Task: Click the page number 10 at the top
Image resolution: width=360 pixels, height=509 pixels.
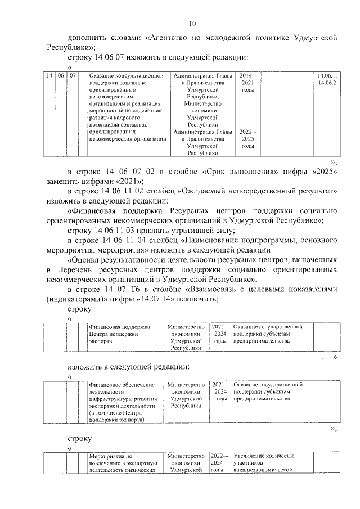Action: pos(192,24)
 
